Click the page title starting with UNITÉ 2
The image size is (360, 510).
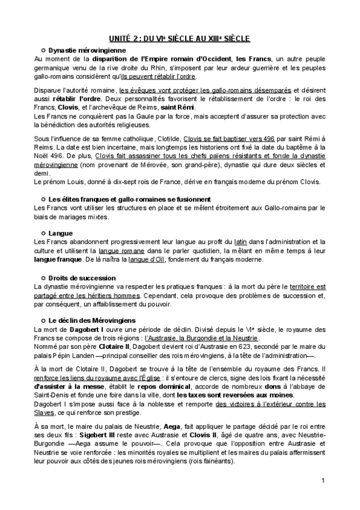[180, 38]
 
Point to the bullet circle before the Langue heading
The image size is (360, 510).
[43, 232]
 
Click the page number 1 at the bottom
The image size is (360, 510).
[323, 480]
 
